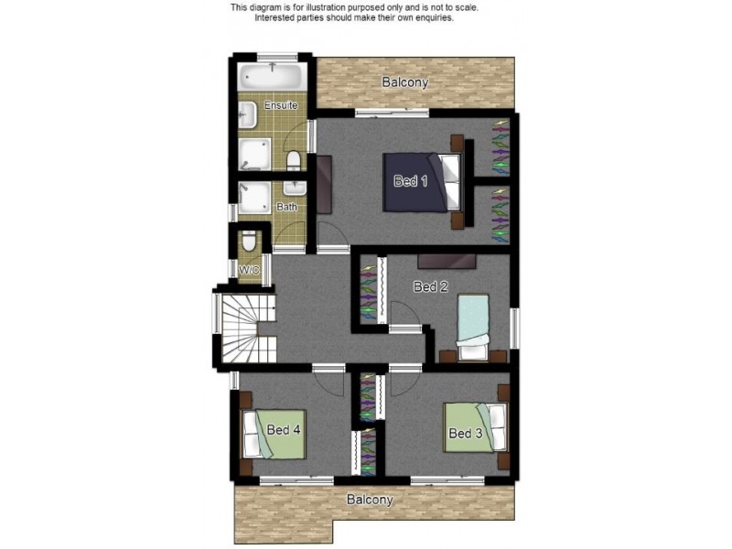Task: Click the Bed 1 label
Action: click(410, 180)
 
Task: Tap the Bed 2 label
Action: click(430, 286)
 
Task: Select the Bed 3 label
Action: click(465, 433)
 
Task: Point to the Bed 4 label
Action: click(284, 429)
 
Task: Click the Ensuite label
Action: click(281, 105)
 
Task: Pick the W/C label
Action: click(248, 270)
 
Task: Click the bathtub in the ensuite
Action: click(272, 77)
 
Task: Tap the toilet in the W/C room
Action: click(249, 241)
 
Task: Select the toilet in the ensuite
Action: click(294, 160)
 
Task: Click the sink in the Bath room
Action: click(295, 188)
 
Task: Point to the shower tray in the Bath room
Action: click(254, 198)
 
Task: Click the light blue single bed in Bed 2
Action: click(473, 327)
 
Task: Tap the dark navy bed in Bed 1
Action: click(422, 182)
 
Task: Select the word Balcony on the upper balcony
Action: click(404, 82)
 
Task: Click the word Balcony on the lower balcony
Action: click(370, 500)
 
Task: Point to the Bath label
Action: click(286, 207)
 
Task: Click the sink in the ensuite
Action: click(247, 115)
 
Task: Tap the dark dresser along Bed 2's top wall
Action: click(447, 262)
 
